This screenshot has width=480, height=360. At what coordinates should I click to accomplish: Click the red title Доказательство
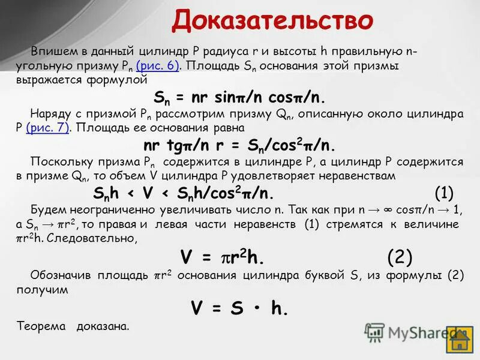tap(272, 22)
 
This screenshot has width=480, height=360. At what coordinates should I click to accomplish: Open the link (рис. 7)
tap(48, 128)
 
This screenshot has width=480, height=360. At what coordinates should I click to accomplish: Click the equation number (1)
tap(443, 193)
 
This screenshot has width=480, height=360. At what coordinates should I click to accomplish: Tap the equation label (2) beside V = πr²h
tap(400, 257)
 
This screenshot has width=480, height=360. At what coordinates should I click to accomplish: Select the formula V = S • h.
tap(239, 308)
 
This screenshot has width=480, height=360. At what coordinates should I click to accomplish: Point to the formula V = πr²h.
tap(222, 258)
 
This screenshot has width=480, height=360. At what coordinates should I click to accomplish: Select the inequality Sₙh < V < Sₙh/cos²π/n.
tap(184, 193)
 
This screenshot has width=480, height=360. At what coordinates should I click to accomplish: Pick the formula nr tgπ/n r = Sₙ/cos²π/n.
tap(239, 146)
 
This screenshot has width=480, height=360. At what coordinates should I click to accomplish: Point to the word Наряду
tap(49, 113)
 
